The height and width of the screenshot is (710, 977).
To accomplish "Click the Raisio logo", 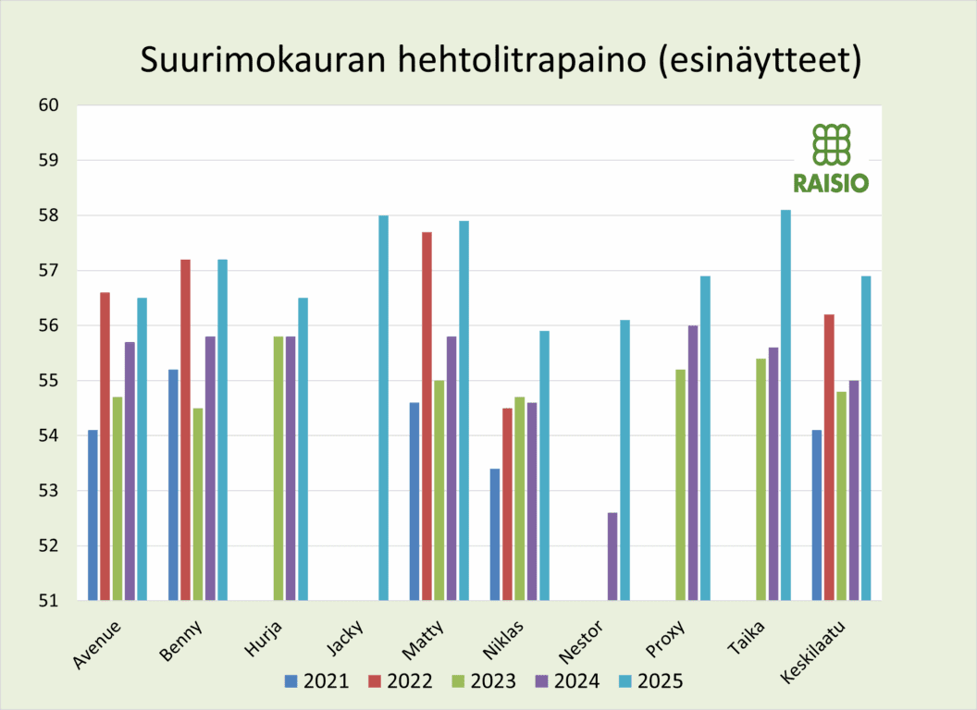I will pyautogui.click(x=831, y=158).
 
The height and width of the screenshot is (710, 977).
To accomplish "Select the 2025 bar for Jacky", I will pyautogui.click(x=383, y=408).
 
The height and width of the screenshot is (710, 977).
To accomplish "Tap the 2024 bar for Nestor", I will pyautogui.click(x=612, y=557).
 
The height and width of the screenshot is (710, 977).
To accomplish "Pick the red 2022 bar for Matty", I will pyautogui.click(x=427, y=416).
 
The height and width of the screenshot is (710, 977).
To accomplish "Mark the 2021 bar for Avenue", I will pyautogui.click(x=93, y=515).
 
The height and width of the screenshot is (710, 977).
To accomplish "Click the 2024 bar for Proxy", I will pyautogui.click(x=693, y=462).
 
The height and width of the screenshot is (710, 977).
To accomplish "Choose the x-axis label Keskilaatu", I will pyautogui.click(x=814, y=652).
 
